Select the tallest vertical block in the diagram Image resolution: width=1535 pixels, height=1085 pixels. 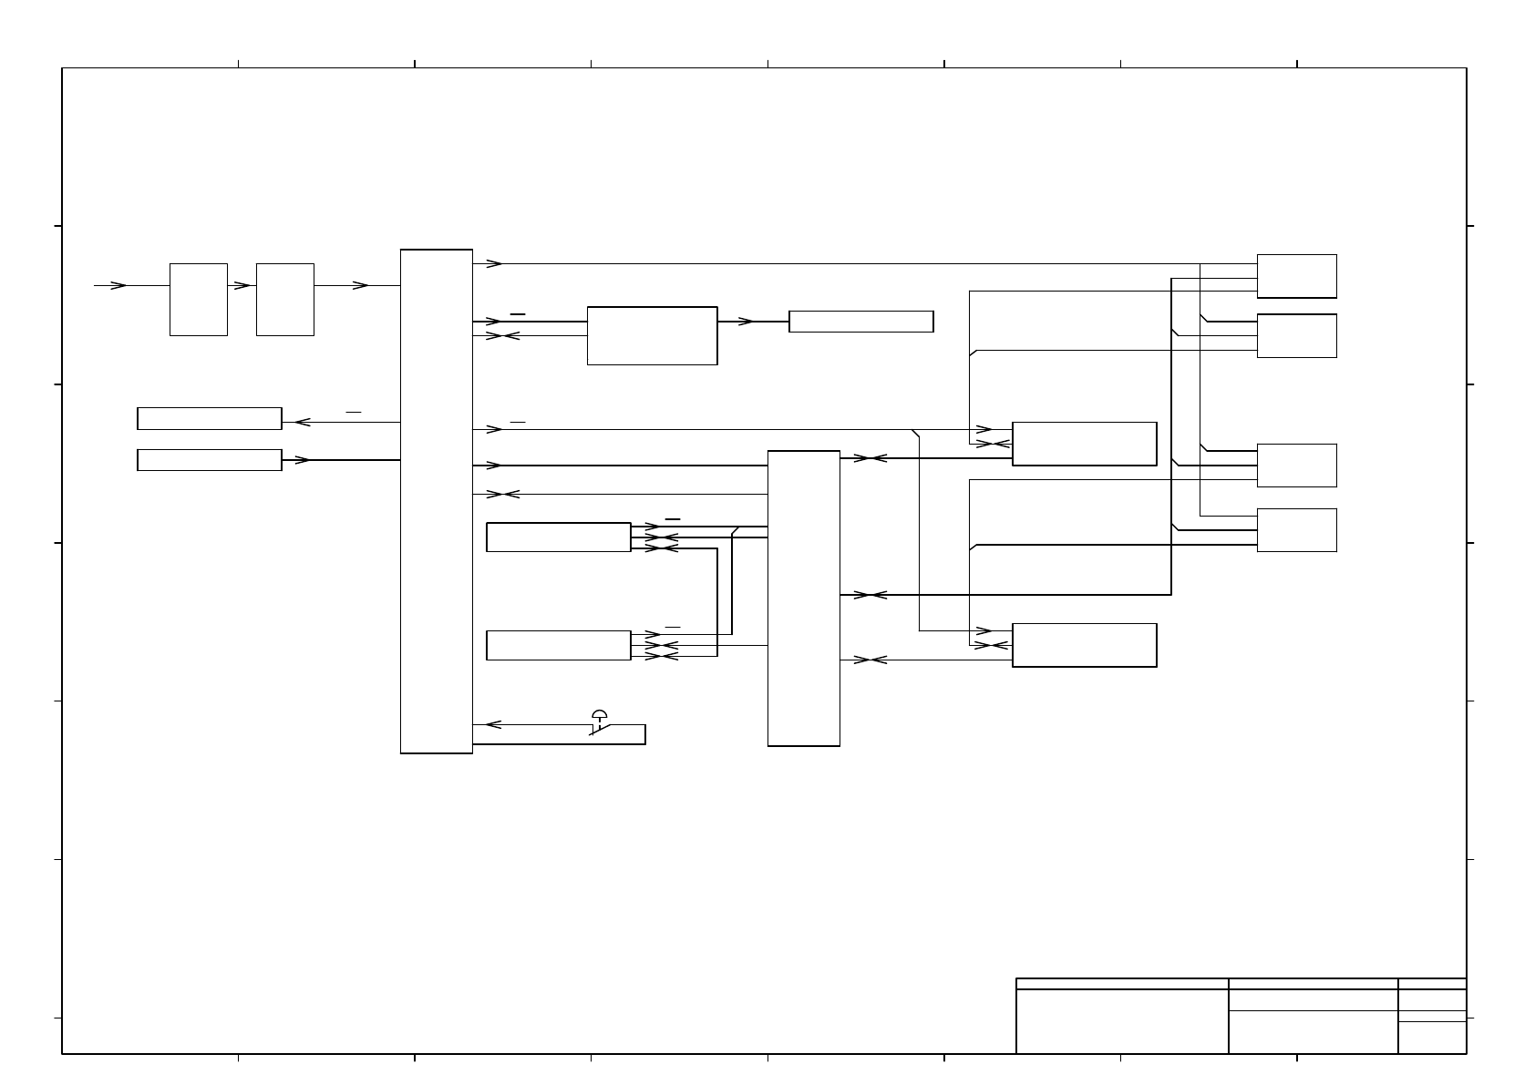437,501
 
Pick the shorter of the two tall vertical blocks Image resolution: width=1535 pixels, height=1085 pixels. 803,598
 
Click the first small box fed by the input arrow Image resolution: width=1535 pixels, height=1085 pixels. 198,300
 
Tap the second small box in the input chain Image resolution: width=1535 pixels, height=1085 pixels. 284,300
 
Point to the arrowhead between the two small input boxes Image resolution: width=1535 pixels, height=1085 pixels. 242,285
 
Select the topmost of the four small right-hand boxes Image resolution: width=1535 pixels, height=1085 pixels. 1296,276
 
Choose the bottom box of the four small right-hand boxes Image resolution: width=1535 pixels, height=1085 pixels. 1296,530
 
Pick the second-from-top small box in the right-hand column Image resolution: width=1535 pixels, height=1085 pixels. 1296,336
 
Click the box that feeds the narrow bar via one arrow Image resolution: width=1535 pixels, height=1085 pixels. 652,336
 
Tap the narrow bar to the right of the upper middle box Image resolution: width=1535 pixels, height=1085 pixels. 860,322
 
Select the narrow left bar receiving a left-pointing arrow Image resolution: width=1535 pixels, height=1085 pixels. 209,418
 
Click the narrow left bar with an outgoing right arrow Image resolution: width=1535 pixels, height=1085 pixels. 209,460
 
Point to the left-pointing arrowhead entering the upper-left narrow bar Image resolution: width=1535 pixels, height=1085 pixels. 303,422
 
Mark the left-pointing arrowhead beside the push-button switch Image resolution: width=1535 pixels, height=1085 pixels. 493,725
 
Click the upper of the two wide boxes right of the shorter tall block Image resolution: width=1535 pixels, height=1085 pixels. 1084,444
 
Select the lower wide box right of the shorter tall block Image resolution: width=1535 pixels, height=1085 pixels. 1084,645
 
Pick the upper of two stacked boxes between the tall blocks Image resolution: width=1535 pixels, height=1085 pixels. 558,537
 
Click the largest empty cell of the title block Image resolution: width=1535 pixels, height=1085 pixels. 1122,1021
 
